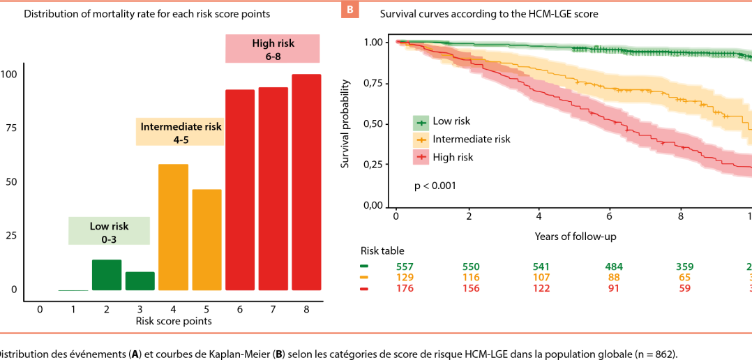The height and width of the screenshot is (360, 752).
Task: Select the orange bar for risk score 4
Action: pyautogui.click(x=173, y=227)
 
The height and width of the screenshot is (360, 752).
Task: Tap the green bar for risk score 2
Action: pyautogui.click(x=107, y=275)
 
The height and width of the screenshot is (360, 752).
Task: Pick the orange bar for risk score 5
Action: pyautogui.click(x=206, y=239)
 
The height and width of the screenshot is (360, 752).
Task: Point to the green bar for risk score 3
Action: pyautogui.click(x=140, y=280)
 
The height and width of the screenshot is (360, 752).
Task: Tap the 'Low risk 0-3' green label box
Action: pyautogui.click(x=110, y=232)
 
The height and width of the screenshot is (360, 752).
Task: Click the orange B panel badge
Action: pyautogui.click(x=349, y=9)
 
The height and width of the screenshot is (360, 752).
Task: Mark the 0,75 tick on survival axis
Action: pyautogui.click(x=377, y=83)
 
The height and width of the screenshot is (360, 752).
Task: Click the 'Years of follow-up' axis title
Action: pyautogui.click(x=576, y=237)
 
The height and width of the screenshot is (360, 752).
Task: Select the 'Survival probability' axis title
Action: pyautogui.click(x=345, y=124)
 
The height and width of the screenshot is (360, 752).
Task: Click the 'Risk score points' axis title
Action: pyautogui.click(x=173, y=321)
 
